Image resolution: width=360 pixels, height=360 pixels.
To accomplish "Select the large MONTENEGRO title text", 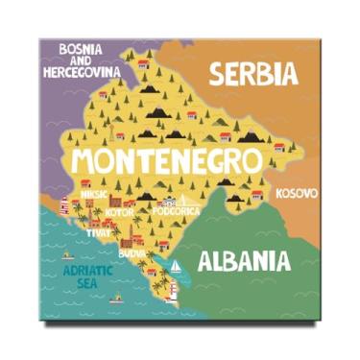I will (x=166, y=158).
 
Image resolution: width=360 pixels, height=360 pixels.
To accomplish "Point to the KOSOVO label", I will (x=296, y=194).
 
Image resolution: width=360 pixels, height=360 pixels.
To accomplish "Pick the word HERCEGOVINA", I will (x=82, y=71).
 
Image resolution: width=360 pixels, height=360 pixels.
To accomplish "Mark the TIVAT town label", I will (x=100, y=232).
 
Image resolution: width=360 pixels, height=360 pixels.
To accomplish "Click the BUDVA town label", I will (x=132, y=252).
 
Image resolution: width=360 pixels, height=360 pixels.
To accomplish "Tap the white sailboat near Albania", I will (x=177, y=266).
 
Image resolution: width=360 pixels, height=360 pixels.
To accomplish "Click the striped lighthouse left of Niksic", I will (x=64, y=204).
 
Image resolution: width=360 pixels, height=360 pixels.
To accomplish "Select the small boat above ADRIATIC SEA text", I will (x=67, y=255).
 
